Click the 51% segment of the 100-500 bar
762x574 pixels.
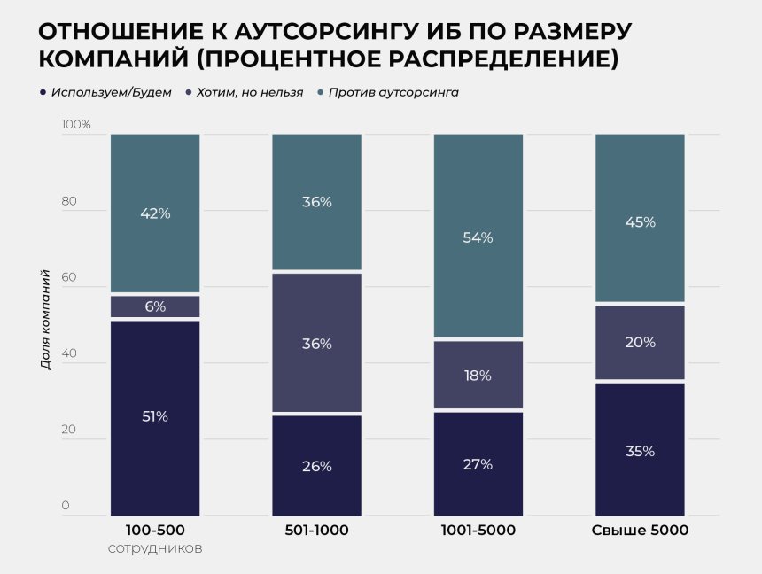155,417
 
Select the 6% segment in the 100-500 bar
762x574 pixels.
155,306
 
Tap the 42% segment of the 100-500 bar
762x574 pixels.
155,213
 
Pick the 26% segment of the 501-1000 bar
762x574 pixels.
316,466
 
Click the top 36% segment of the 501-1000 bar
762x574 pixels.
316,202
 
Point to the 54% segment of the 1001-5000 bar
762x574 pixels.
478,237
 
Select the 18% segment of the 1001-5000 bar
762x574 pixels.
478,375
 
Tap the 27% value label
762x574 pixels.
478,463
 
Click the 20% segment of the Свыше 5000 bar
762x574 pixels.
640,343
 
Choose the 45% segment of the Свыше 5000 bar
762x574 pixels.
640,221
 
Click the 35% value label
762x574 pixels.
640,451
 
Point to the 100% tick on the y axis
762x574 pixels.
76,125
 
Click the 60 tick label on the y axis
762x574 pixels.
70,277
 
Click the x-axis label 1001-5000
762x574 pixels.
478,531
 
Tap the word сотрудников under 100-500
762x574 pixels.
155,548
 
